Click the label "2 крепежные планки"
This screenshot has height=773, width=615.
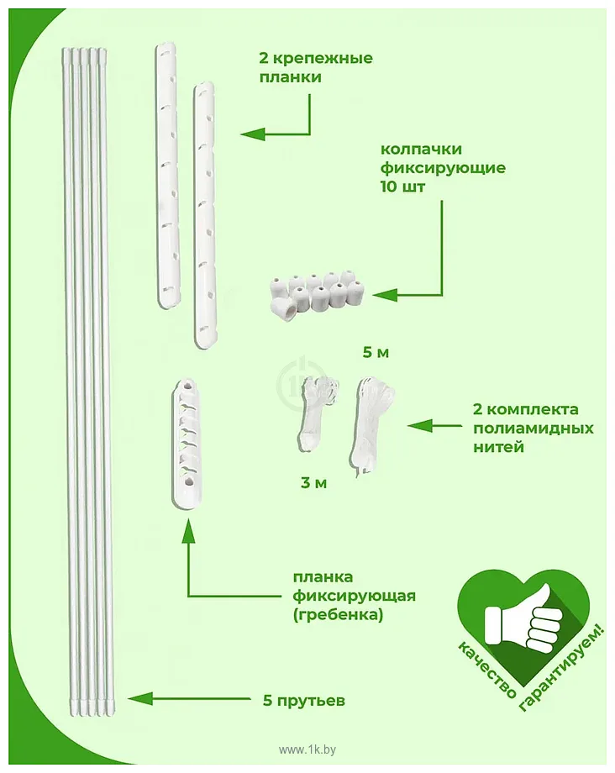316,67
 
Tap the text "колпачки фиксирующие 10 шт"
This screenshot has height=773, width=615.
443,168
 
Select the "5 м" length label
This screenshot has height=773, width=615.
376,353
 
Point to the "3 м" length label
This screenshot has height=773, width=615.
314,483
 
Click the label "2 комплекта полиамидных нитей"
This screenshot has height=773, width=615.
534,428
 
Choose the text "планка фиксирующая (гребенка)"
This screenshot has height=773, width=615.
355,596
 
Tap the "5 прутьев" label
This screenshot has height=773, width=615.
303,701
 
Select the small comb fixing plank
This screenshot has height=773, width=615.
187,442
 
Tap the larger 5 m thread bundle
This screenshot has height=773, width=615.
373,424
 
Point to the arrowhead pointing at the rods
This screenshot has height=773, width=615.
139,698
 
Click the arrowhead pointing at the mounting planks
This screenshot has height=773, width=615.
253,134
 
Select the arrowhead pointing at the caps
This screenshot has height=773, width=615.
386,295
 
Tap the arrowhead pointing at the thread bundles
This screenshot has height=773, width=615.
420,425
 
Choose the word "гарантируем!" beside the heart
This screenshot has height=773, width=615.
563,670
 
